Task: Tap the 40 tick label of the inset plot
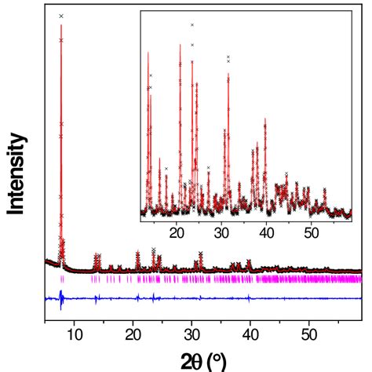click(267, 232)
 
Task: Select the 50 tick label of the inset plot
click(311, 232)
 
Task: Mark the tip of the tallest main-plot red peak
click(61, 27)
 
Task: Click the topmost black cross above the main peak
click(61, 16)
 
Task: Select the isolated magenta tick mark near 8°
click(61, 279)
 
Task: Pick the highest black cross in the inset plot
click(191, 25)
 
